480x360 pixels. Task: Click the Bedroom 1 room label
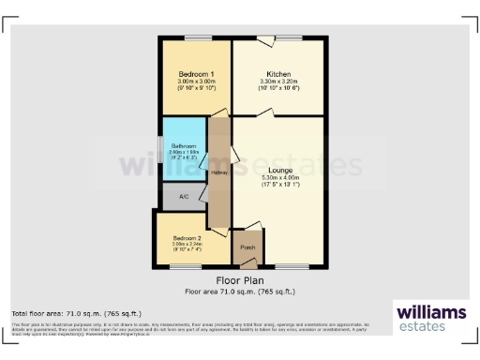tap(198, 74)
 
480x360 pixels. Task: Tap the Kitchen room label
tap(278, 74)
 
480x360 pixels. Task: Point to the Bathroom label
tap(184, 146)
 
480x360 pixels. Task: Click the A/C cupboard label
tap(184, 197)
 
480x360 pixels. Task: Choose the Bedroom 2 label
tap(185, 237)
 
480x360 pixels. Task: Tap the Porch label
tap(247, 247)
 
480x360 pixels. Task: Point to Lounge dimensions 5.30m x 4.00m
tap(280, 177)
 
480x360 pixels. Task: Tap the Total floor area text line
tap(63, 312)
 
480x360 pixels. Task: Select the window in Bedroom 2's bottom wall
tap(185, 267)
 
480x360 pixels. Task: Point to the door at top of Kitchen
tap(268, 39)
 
